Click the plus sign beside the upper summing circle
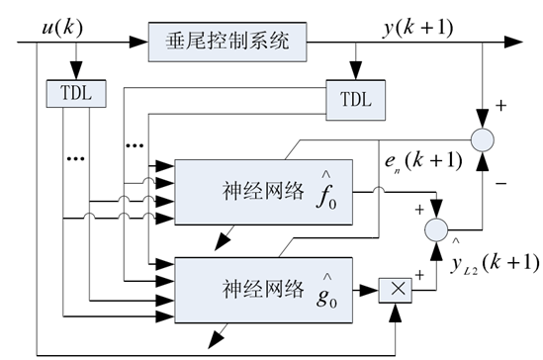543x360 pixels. [502, 102]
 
